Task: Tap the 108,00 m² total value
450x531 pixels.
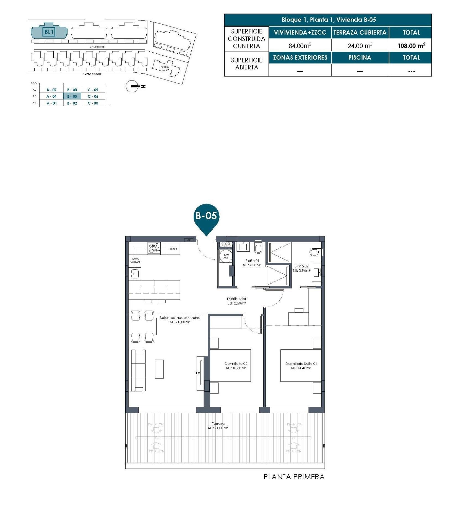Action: pyautogui.click(x=411, y=46)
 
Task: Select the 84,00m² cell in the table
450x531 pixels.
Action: pyautogui.click(x=300, y=46)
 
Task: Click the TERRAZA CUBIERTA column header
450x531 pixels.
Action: pyautogui.click(x=360, y=33)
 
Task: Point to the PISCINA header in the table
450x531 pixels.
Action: pyautogui.click(x=360, y=58)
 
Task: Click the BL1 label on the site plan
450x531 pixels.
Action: pyautogui.click(x=49, y=32)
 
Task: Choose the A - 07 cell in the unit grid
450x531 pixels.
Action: pyautogui.click(x=51, y=90)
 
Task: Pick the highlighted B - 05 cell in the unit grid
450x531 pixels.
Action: pyautogui.click(x=72, y=97)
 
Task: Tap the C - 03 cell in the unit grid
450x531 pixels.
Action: pyautogui.click(x=93, y=103)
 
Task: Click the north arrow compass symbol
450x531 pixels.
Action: pyautogui.click(x=132, y=87)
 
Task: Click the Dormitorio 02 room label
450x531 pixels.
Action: pyautogui.click(x=236, y=366)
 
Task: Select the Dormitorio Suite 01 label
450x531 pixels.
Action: pyautogui.click(x=301, y=366)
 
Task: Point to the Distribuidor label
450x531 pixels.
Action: pyautogui.click(x=236, y=301)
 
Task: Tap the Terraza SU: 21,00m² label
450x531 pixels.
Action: pyautogui.click(x=218, y=426)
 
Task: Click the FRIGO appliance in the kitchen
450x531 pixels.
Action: pyautogui.click(x=173, y=249)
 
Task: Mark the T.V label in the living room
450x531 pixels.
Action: pyautogui.click(x=198, y=373)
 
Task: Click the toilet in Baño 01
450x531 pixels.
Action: pyautogui.click(x=258, y=249)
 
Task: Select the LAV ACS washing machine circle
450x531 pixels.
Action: pyautogui.click(x=226, y=256)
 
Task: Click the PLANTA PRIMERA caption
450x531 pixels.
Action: pyautogui.click(x=294, y=477)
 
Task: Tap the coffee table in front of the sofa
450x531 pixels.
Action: pyautogui.click(x=159, y=369)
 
